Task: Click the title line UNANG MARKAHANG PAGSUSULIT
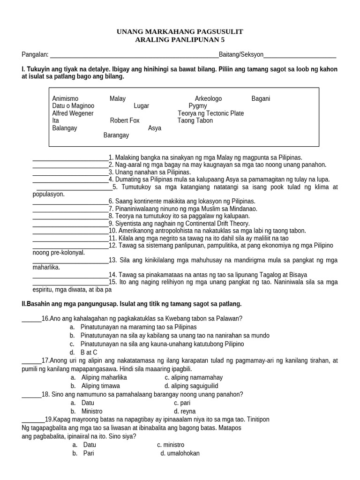click(x=180, y=31)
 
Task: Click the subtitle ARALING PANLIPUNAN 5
click(x=180, y=40)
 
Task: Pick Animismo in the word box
click(x=66, y=98)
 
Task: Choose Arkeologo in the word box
click(x=208, y=98)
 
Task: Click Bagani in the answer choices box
click(x=261, y=98)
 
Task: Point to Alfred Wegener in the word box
click(x=73, y=113)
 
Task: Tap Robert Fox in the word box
click(x=125, y=120)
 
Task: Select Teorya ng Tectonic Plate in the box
click(x=210, y=113)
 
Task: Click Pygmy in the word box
click(x=197, y=106)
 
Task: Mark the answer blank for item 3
click(x=70, y=173)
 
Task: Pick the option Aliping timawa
click(x=100, y=386)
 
